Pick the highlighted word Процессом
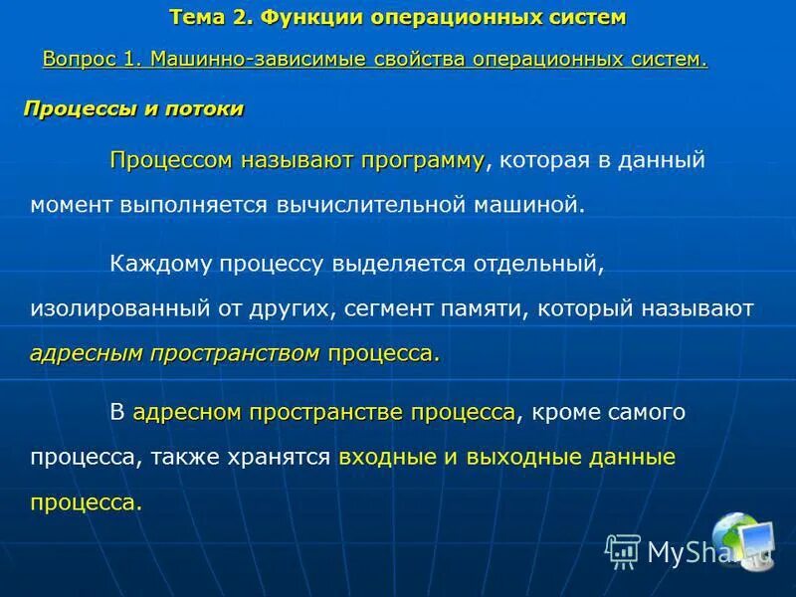170,160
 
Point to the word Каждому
157,264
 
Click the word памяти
487,308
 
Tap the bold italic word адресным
87,353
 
